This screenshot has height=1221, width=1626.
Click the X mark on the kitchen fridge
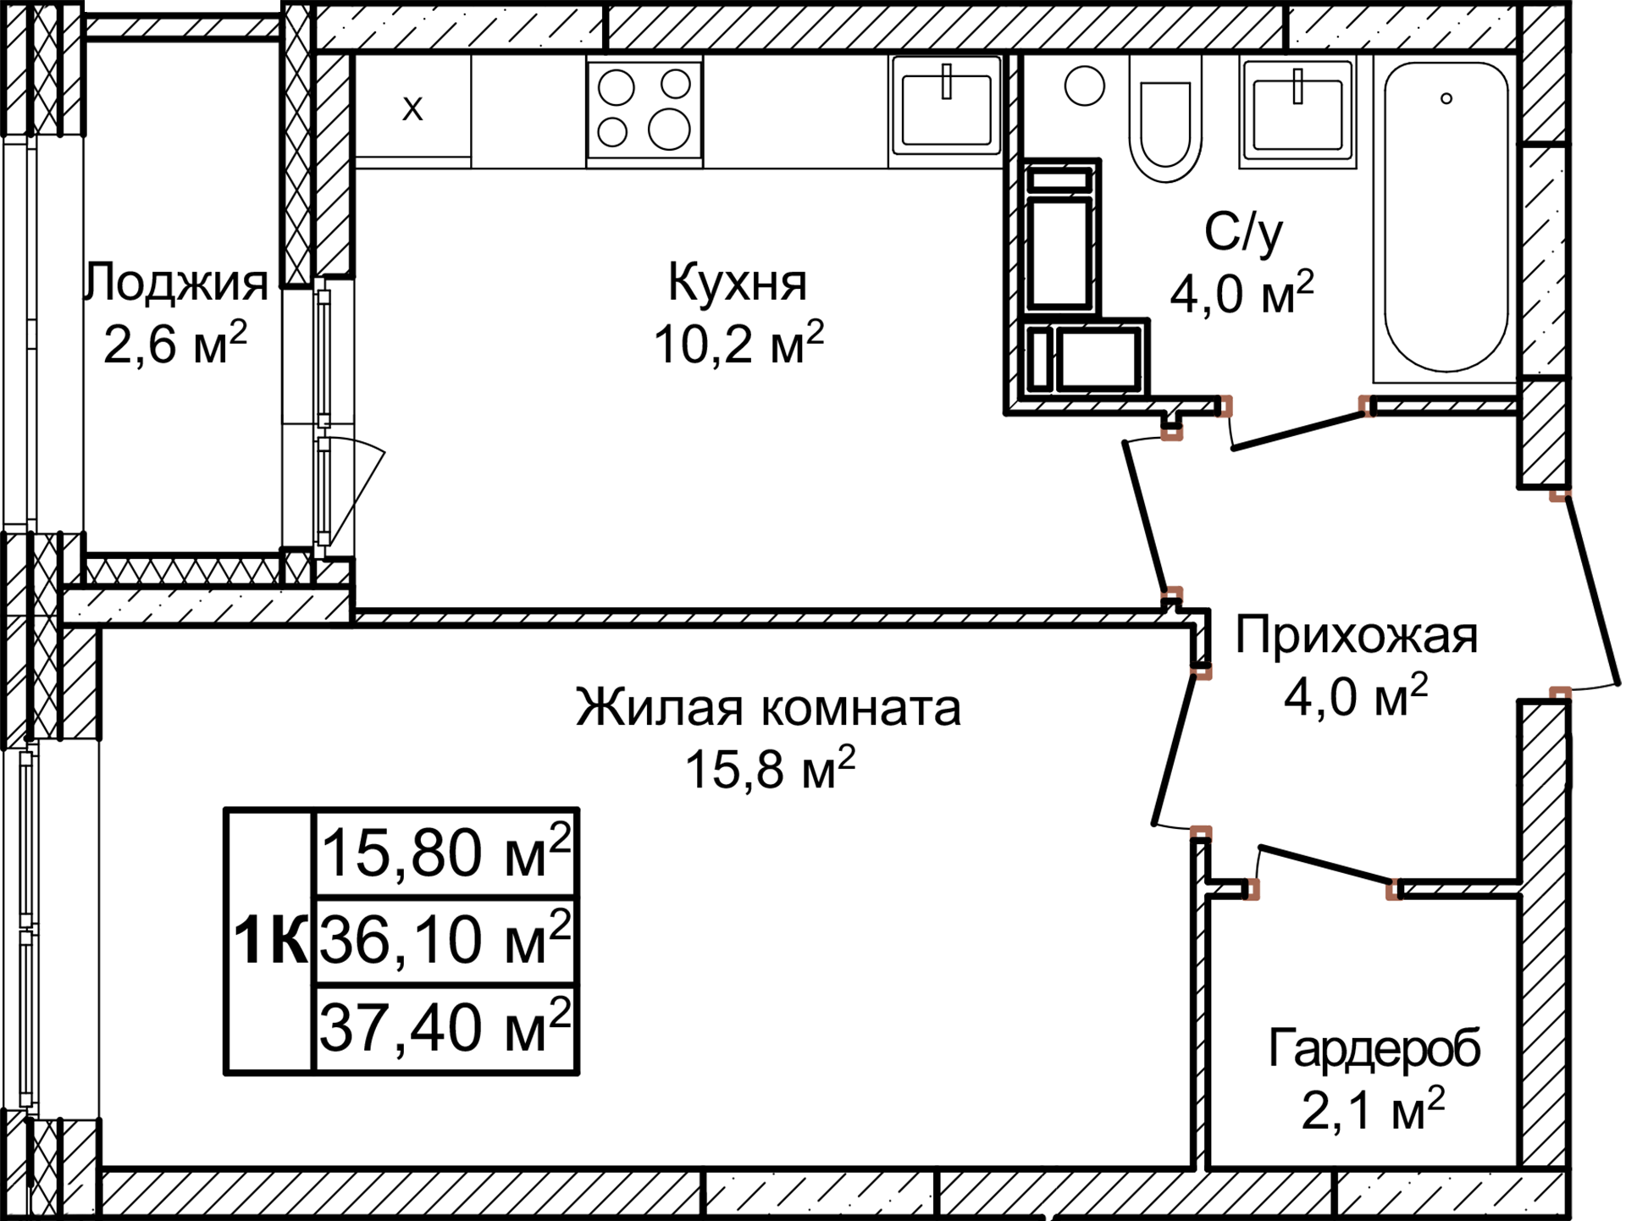(412, 109)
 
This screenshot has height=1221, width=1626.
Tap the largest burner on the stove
(669, 130)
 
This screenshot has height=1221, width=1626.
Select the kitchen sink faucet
(947, 81)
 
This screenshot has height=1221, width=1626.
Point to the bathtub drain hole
(1446, 99)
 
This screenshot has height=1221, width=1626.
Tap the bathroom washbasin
(1297, 114)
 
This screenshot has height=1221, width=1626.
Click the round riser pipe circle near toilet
(1084, 86)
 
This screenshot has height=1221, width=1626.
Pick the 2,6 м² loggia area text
(174, 344)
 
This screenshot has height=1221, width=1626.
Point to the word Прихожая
(1356, 635)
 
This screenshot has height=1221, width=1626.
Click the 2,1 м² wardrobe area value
(1372, 1109)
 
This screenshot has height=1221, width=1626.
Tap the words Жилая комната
(768, 708)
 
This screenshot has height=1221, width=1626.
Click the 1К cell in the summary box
(269, 941)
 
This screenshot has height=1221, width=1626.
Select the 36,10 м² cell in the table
(445, 940)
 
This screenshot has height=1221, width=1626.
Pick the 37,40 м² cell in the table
(445, 1027)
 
